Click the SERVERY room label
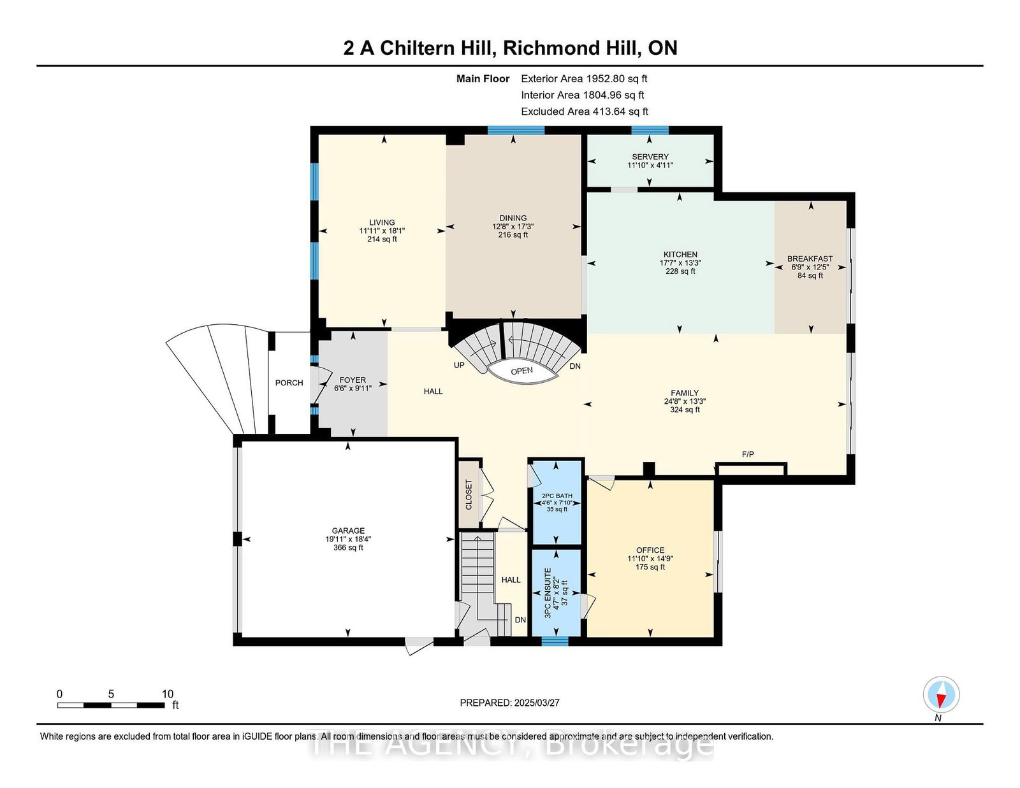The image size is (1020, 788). point(650,157)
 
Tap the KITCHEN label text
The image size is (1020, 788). point(680,255)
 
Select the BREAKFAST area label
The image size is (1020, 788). point(810,259)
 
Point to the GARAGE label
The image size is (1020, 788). point(348,531)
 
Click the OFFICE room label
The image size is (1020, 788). point(650,550)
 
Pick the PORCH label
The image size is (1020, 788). point(289,383)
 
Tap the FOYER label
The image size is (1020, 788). point(353,380)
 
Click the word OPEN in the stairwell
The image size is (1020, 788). point(522,371)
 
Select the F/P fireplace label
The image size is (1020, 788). point(748,454)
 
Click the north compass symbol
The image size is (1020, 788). point(941,694)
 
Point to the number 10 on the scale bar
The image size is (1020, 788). point(168,694)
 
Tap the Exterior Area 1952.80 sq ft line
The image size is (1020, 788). point(584,79)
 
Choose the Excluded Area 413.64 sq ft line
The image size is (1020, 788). point(585,111)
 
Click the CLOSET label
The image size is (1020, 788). point(469,494)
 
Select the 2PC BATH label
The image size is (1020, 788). point(557,496)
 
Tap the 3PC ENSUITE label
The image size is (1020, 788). point(548,593)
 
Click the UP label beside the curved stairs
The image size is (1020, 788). point(459,365)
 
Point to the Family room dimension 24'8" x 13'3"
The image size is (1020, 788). point(685,401)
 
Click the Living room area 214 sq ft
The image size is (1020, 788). point(382,240)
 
